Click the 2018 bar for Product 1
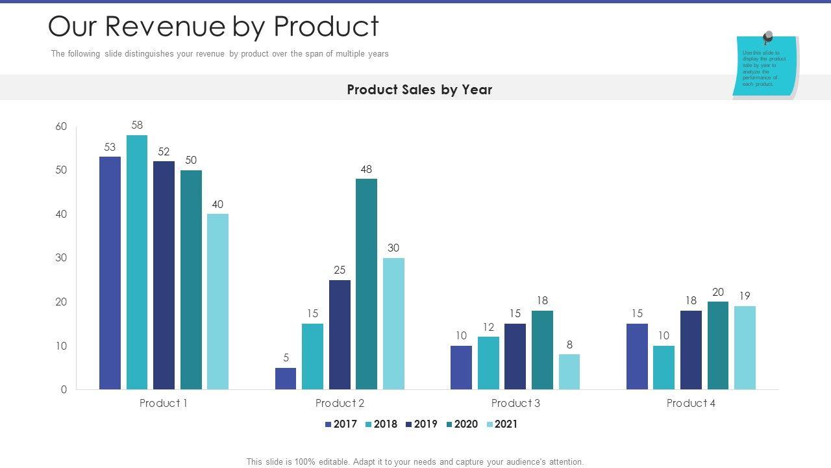(137, 262)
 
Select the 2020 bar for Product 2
(366, 284)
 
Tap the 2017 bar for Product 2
(286, 378)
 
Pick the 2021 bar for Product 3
(569, 372)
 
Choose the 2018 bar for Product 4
(664, 367)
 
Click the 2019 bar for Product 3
(515, 356)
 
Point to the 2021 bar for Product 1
(217, 302)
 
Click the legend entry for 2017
(341, 424)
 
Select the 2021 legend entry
(502, 424)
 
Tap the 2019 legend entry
(421, 424)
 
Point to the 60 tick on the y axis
(61, 127)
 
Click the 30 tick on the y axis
(61, 258)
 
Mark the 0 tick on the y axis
(64, 390)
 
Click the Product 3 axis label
(515, 403)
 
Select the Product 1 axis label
(164, 403)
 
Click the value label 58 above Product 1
(137, 125)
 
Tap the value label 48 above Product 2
(366, 170)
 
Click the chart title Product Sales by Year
(419, 90)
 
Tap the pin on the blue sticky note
(768, 37)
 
